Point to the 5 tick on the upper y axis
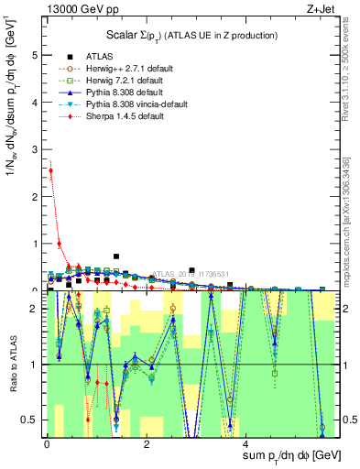click(x=35, y=55)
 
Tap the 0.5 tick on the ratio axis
click(x=30, y=420)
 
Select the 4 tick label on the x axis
click(x=245, y=444)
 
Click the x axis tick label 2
click(x=147, y=444)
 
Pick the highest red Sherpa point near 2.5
click(x=51, y=170)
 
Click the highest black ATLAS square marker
click(x=116, y=256)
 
